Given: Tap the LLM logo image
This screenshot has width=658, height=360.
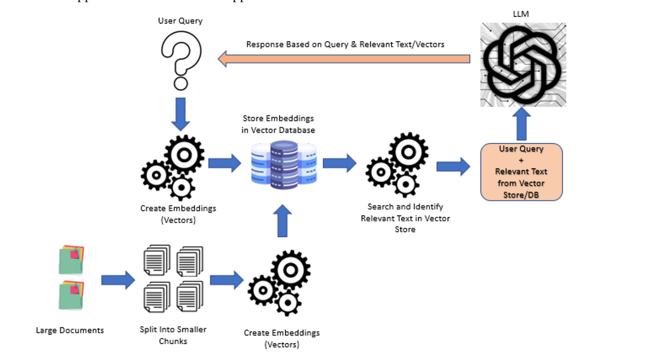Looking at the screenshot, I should pyautogui.click(x=523, y=65).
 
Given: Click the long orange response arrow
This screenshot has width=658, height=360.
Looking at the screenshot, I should pyautogui.click(x=344, y=58).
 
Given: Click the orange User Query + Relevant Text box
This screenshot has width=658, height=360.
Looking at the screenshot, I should pyautogui.click(x=521, y=172).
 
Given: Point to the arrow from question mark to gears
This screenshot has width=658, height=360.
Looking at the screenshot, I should pyautogui.click(x=180, y=114).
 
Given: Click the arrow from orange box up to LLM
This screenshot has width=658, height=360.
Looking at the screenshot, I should pyautogui.click(x=521, y=125).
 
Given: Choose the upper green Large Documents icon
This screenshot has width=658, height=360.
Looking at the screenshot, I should pyautogui.click(x=71, y=260).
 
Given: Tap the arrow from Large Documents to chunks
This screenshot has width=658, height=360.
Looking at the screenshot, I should pyautogui.click(x=118, y=280).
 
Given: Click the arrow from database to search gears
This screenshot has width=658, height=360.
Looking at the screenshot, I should pyautogui.click(x=339, y=163).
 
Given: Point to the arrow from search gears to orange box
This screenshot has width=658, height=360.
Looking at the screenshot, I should pyautogui.click(x=453, y=166).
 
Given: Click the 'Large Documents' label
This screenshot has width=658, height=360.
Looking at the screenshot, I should pyautogui.click(x=70, y=330).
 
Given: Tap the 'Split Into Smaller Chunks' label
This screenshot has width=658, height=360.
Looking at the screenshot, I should pyautogui.click(x=173, y=335).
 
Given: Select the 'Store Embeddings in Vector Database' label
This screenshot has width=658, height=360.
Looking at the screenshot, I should pyautogui.click(x=279, y=124).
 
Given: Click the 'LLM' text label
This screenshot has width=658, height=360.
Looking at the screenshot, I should pyautogui.click(x=521, y=14).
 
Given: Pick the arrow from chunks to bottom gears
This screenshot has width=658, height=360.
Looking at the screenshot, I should pyautogui.click(x=226, y=280).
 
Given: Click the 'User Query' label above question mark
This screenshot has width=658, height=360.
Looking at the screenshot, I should pyautogui.click(x=180, y=21).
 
